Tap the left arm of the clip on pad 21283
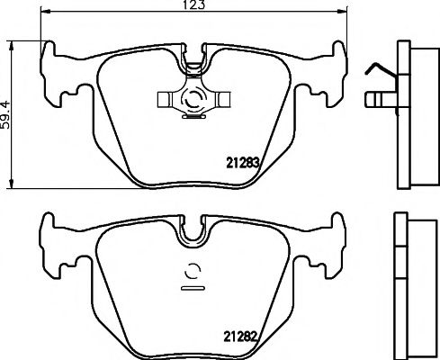pyautogui.click(x=168, y=95)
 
